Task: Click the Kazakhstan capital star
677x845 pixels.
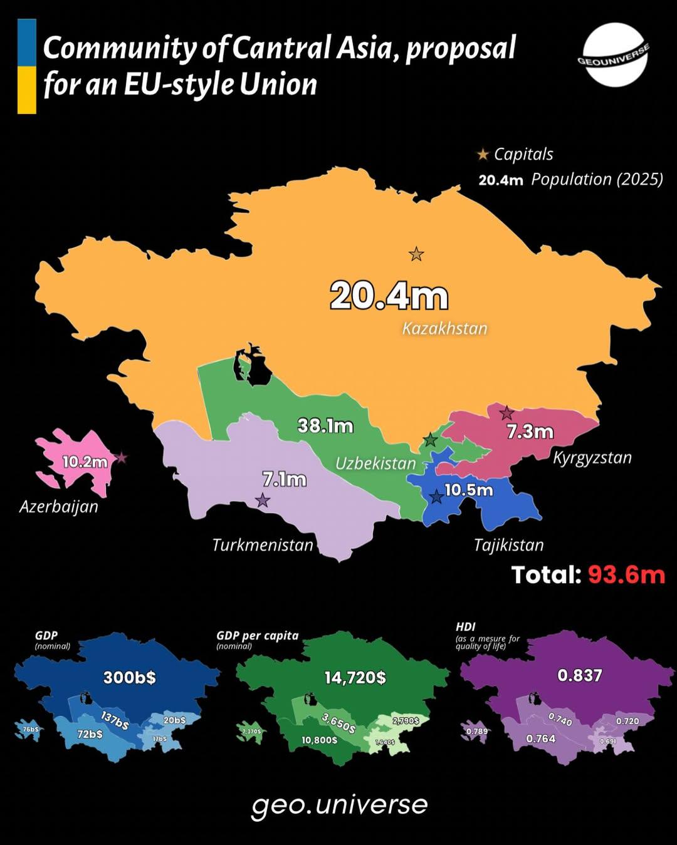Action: pos(416,254)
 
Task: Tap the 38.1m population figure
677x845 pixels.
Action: pos(325,426)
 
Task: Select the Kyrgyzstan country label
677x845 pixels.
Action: pos(592,458)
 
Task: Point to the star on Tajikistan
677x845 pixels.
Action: pos(437,497)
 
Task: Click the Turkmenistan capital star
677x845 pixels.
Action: pos(263,500)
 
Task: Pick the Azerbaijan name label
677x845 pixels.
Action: pos(59,506)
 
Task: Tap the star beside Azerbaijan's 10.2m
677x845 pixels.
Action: pos(122,458)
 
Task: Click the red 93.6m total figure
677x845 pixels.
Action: pos(626,574)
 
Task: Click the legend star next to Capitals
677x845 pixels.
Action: pos(483,154)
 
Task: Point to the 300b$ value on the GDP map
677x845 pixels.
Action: pos(130,677)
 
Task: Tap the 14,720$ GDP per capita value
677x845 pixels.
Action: pos(355,677)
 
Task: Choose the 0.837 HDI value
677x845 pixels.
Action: pos(580,675)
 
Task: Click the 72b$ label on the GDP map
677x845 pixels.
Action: pos(90,734)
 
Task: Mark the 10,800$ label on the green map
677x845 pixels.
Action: pos(320,740)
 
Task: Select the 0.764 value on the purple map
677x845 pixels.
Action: pos(541,739)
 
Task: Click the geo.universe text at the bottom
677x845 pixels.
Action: pos(339,805)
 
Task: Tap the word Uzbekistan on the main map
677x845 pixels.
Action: pos(375,464)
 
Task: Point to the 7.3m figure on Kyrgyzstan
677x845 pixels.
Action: pos(530,432)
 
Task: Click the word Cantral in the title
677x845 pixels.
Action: pos(282,48)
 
